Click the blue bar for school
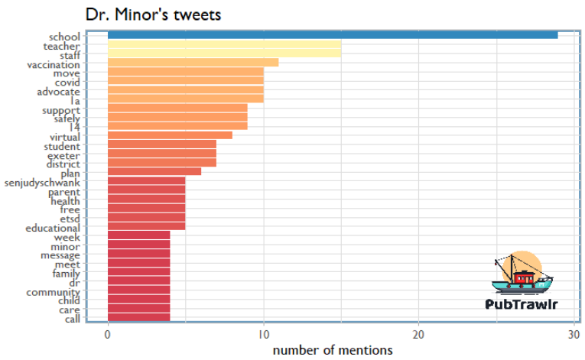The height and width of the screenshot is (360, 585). pos(333,35)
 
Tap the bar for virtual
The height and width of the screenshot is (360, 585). pos(170,135)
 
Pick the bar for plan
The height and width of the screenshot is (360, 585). pos(154,172)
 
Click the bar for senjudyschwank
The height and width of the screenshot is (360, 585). pos(146,181)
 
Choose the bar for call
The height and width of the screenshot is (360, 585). pos(138,317)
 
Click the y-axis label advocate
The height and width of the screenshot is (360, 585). pos(58,92)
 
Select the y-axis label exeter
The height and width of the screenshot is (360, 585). pos(63,155)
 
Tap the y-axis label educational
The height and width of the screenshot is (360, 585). pos(53,228)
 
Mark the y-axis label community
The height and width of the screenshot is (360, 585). pos(54,292)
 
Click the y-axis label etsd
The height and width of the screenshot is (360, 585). pos(70,219)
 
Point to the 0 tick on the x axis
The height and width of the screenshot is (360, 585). pos(108,334)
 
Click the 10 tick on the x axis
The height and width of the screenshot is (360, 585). pos(263,334)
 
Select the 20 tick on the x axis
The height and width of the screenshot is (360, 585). pos(418,334)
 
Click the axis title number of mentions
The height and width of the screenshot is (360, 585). pos(333,350)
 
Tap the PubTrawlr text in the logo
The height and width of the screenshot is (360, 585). pos(522,303)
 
